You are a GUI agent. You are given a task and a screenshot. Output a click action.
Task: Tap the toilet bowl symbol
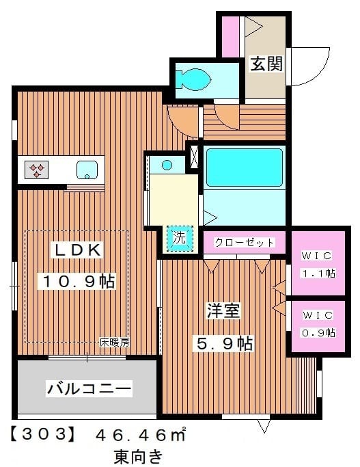click(x=191, y=79)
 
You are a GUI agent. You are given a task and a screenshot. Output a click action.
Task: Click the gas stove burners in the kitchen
click(x=36, y=169)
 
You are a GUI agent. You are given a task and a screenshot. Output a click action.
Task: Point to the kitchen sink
click(x=87, y=169)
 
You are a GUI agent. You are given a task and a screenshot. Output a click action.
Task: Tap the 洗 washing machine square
click(x=178, y=239)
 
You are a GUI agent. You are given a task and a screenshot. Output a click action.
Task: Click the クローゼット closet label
click(x=244, y=243)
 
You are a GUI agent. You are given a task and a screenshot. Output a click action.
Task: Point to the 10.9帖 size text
click(x=77, y=280)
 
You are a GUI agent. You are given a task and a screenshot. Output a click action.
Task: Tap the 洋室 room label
click(x=223, y=311)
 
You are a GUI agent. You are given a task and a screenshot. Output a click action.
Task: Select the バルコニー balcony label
click(x=89, y=389)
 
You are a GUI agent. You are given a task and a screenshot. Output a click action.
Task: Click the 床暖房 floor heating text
click(x=114, y=342)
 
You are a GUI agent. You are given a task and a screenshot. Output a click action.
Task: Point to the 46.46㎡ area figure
click(x=141, y=434)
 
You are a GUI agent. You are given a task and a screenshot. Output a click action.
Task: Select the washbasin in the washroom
click(x=167, y=164)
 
